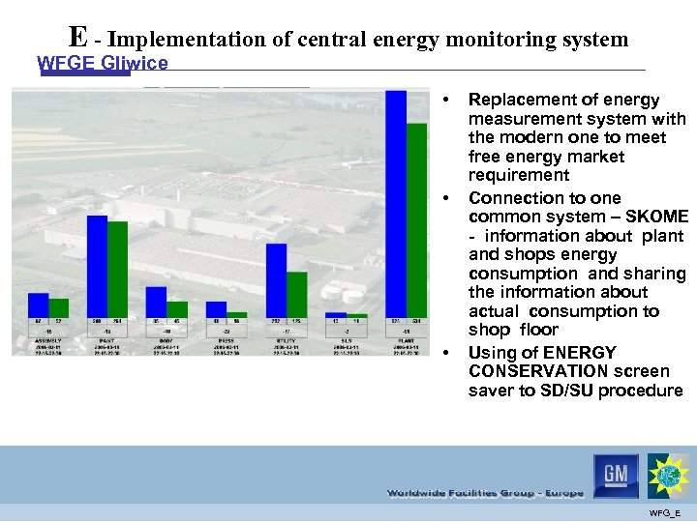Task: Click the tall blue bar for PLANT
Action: click(x=395, y=203)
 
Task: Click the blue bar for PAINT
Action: click(x=97, y=266)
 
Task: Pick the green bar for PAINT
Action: click(x=117, y=270)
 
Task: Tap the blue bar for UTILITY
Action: click(x=276, y=280)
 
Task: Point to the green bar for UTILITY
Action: click(x=297, y=295)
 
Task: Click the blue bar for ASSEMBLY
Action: click(x=38, y=305)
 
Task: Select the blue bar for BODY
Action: click(x=156, y=304)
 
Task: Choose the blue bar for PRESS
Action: click(x=216, y=309)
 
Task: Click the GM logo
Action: click(x=617, y=476)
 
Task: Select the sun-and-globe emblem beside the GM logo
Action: click(x=669, y=476)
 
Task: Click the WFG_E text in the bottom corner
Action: click(x=665, y=511)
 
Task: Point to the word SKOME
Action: click(x=655, y=217)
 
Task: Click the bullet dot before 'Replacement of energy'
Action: click(x=445, y=101)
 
